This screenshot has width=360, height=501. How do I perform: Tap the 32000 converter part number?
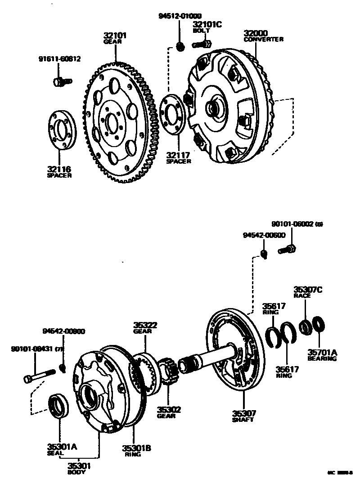[x=256, y=33]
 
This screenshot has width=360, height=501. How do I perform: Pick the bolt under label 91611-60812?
[x=62, y=82]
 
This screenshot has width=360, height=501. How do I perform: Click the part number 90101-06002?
[x=293, y=224]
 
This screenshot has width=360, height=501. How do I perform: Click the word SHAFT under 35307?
[x=243, y=420]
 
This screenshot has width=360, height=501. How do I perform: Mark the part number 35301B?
[x=136, y=448]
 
